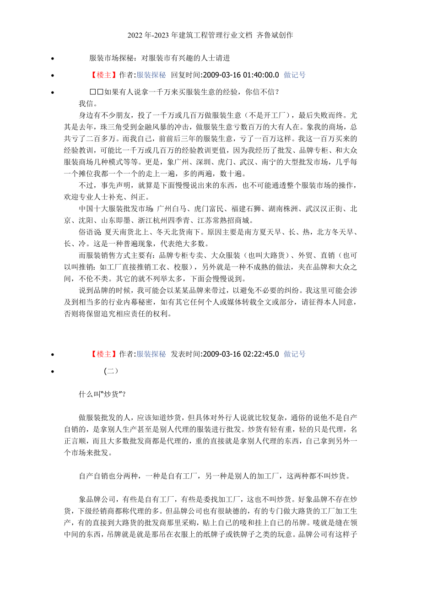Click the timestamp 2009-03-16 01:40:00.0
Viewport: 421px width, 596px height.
point(240,75)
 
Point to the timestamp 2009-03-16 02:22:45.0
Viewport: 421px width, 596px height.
point(240,354)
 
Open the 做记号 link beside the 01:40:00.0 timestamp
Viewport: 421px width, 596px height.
point(295,75)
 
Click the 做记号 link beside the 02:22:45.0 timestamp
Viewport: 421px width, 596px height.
point(295,354)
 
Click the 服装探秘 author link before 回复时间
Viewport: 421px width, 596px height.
point(151,75)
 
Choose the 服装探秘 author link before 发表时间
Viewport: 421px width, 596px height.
point(151,354)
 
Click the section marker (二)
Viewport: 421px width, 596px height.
point(111,371)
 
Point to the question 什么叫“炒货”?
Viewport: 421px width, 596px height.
point(103,394)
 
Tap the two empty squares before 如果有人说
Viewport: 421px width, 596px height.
point(97,92)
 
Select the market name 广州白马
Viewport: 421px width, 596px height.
point(172,209)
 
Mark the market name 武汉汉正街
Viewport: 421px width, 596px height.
point(324,209)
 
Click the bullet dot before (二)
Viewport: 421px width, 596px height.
point(54,372)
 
